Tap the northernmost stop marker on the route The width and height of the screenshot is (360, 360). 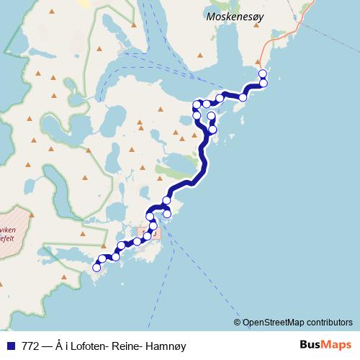pyautogui.click(x=262, y=73)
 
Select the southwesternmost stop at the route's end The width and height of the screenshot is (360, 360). pyautogui.click(x=96, y=267)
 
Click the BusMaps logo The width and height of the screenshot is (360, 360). pyautogui.click(x=325, y=345)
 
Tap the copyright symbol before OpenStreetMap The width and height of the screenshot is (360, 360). pyautogui.click(x=238, y=322)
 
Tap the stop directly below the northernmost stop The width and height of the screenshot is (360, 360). pyautogui.click(x=264, y=84)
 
